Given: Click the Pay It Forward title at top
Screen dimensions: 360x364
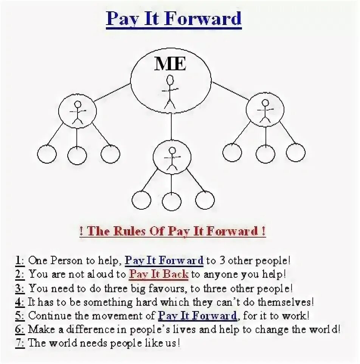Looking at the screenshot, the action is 174,19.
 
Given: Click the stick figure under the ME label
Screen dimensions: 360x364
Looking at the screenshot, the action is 170,91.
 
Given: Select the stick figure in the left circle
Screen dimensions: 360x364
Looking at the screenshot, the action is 78,112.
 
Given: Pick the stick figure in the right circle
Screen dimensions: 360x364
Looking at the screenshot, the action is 265,111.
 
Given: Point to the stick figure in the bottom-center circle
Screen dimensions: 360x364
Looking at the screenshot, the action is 172,158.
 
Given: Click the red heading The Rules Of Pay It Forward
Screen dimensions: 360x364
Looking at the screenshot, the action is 172,232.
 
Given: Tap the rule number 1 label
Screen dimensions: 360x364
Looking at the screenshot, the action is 19,260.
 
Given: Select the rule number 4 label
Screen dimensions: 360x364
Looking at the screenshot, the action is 19,303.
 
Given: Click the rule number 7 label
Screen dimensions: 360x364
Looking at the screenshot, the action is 19,343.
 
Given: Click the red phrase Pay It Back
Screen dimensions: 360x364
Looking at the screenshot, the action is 158,274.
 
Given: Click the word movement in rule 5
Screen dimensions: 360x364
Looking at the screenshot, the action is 128,316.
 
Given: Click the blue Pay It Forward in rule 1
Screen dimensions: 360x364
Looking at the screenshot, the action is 164,260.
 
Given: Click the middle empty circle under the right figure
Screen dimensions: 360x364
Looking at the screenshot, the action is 265,154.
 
